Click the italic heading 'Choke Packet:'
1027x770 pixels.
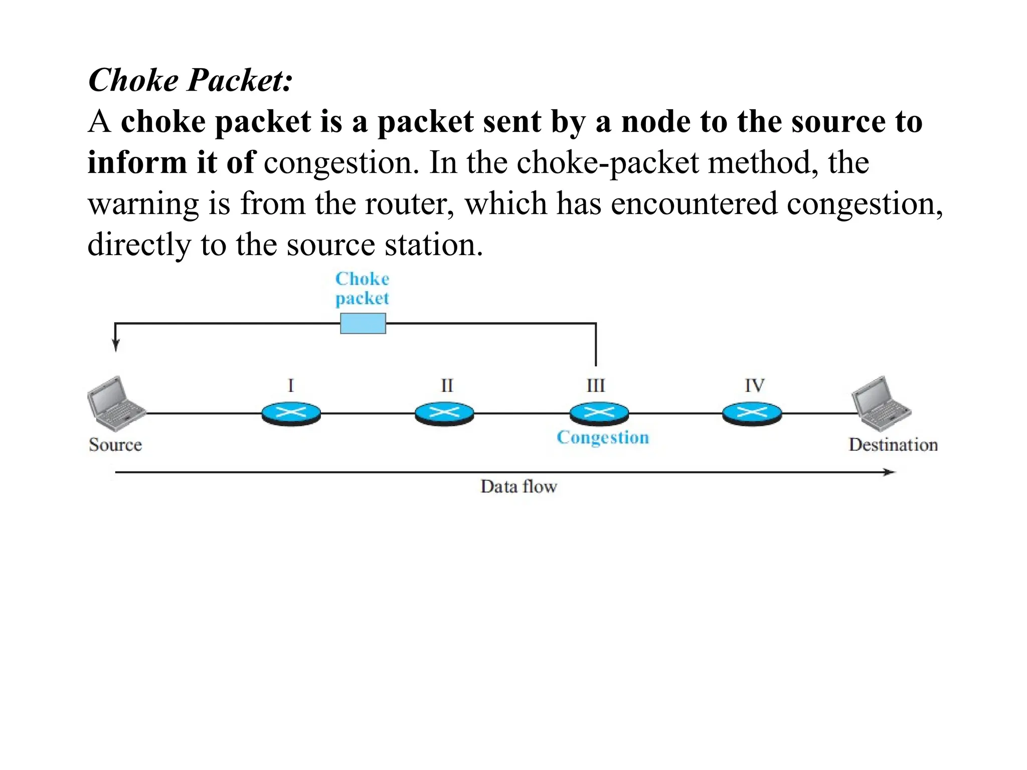pyautogui.click(x=190, y=80)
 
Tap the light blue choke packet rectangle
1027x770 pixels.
pyautogui.click(x=363, y=323)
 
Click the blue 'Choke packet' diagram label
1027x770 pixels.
pyautogui.click(x=362, y=288)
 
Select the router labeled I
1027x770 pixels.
pyautogui.click(x=291, y=414)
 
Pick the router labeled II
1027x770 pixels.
pyautogui.click(x=445, y=414)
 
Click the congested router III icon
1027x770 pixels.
pyautogui.click(x=599, y=414)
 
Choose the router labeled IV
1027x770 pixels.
pyautogui.click(x=752, y=414)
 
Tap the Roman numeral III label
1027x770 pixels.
pyautogui.click(x=596, y=386)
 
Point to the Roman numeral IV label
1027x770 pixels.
pyautogui.click(x=754, y=386)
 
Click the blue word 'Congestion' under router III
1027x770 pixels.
pyautogui.click(x=603, y=438)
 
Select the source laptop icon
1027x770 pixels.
pyautogui.click(x=115, y=404)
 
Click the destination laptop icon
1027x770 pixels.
pyautogui.click(x=881, y=404)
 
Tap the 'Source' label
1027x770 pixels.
pyautogui.click(x=115, y=445)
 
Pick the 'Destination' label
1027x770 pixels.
pyautogui.click(x=893, y=445)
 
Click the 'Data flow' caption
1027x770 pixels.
pyautogui.click(x=519, y=486)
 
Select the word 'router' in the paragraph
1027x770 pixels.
pyautogui.click(x=409, y=204)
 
